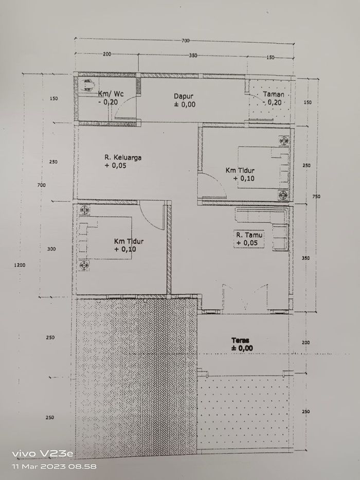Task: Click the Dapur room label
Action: (184, 96)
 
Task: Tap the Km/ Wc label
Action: (111, 94)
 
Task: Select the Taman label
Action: (274, 94)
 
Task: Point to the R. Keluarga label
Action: (123, 157)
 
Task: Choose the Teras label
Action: (240, 340)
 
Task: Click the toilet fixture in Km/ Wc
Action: (88, 85)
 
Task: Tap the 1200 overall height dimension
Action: (20, 265)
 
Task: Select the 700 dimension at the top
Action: (185, 41)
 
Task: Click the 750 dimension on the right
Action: (316, 197)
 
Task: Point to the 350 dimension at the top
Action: (193, 56)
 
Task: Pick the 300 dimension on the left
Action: (51, 249)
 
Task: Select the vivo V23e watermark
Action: (43, 453)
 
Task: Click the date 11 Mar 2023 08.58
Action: (54, 467)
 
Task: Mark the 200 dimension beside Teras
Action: (305, 343)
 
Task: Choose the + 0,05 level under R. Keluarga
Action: (115, 166)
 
